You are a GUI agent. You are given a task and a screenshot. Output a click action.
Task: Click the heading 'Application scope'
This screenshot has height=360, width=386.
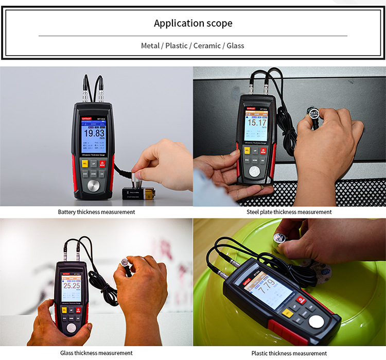point(193,23)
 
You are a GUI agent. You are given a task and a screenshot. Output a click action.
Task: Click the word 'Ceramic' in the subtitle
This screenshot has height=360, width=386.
point(206,45)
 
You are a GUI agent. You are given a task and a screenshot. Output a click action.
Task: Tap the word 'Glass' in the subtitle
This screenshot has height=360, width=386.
point(234,45)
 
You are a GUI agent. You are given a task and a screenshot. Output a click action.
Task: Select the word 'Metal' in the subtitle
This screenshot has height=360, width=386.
point(150,45)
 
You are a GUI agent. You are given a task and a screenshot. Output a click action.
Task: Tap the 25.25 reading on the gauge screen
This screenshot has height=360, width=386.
point(71,285)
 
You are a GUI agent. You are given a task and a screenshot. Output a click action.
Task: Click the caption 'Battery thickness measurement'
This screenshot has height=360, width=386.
point(96,212)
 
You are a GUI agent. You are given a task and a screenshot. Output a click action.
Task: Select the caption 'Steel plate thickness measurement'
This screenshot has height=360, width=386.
point(289,212)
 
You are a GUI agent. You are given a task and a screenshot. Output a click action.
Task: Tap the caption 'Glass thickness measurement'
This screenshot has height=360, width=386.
point(96,353)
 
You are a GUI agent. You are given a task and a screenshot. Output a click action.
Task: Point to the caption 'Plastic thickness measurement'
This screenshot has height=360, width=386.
point(289,353)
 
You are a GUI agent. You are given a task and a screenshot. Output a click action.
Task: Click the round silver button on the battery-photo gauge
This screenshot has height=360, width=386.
point(94,186)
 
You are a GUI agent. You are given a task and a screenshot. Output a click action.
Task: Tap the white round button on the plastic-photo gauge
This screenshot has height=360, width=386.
point(317,322)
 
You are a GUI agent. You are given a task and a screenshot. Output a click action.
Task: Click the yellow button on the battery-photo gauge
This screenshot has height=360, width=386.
point(85,163)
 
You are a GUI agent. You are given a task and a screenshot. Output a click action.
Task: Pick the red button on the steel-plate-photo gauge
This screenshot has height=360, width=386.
point(263,150)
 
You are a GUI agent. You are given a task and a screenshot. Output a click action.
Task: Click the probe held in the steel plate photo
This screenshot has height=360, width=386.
point(313,113)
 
